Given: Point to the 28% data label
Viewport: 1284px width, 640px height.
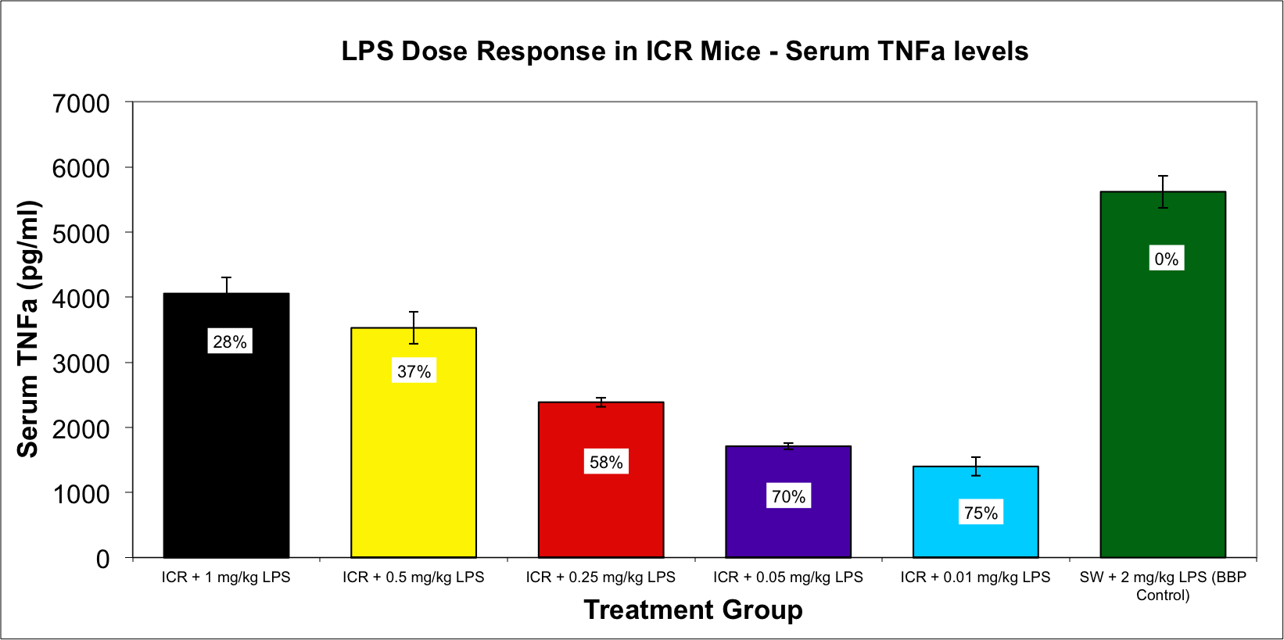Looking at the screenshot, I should tap(230, 341).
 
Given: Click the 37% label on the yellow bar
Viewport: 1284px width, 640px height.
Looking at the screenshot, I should tap(414, 371).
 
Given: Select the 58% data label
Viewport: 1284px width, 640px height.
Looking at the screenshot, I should tap(606, 462).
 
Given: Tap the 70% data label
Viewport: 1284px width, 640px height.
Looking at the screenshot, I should tap(788, 496).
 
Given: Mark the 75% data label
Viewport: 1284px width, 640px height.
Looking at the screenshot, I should tap(981, 513).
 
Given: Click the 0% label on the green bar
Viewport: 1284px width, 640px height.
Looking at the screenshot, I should tap(1166, 259).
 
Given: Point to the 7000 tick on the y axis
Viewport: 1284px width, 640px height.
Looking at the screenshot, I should tap(81, 103).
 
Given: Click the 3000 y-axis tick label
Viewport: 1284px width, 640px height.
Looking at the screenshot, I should tap(81, 363).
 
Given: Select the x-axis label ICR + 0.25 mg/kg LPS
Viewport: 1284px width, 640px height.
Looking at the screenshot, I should tap(601, 577).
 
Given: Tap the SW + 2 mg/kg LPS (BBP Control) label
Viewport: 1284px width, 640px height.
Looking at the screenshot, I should tap(1163, 586).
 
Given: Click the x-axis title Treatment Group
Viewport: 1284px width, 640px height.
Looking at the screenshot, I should tap(693, 610).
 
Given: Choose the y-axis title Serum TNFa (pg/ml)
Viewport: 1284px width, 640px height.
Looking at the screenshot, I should tap(28, 328).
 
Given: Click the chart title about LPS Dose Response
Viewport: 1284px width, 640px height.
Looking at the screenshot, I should tap(684, 52).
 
